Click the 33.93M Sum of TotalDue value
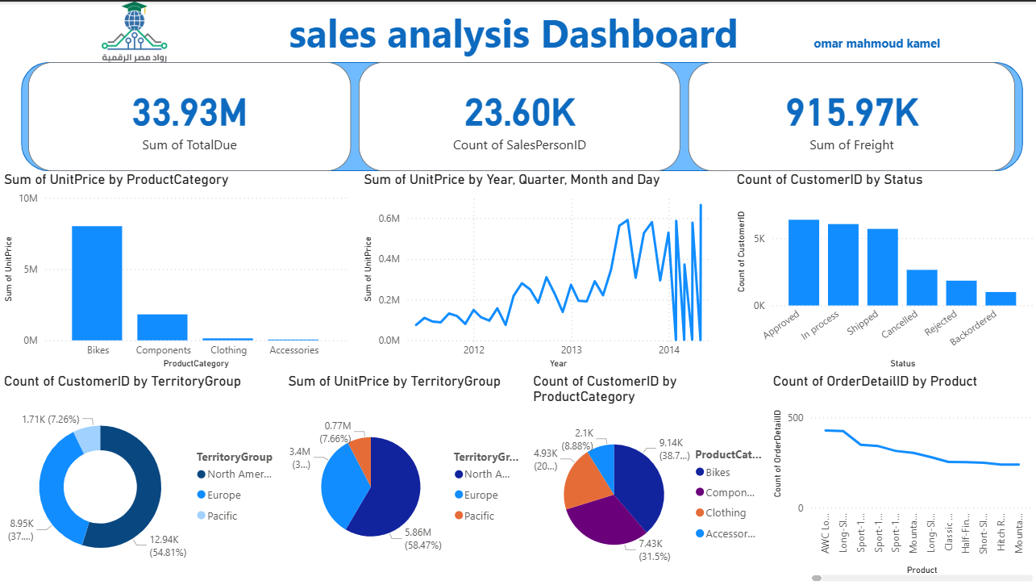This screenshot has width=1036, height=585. pyautogui.click(x=189, y=113)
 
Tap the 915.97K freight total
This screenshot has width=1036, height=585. pyautogui.click(x=851, y=113)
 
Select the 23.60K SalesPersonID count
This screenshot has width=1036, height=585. pyautogui.click(x=520, y=113)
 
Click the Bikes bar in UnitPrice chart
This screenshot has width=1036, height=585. pyautogui.click(x=97, y=282)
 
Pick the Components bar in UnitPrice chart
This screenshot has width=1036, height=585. pyautogui.click(x=163, y=327)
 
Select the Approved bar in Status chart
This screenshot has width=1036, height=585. pyautogui.click(x=804, y=262)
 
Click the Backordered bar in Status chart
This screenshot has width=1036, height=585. pyautogui.click(x=1001, y=299)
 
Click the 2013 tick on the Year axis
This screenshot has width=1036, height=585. pyautogui.click(x=571, y=350)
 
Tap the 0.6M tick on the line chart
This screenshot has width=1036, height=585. pyautogui.click(x=390, y=219)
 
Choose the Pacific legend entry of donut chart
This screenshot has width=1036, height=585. pyautogui.click(x=222, y=516)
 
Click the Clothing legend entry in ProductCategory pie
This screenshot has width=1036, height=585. pyautogui.click(x=725, y=513)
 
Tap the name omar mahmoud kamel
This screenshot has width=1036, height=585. pyautogui.click(x=876, y=44)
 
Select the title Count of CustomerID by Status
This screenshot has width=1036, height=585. pyautogui.click(x=830, y=180)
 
